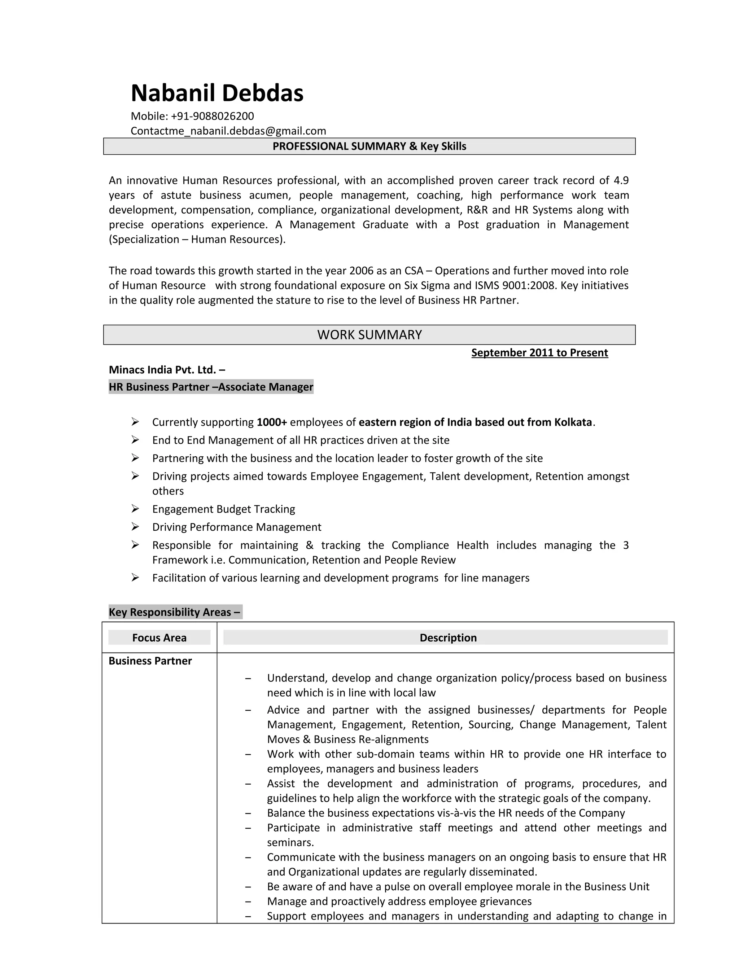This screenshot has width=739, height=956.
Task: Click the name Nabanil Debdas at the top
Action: tap(217, 93)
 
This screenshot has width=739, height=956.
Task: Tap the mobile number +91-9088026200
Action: tap(212, 116)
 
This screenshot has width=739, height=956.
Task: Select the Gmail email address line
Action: tap(228, 131)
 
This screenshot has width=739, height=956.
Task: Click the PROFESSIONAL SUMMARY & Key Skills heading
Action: tap(369, 146)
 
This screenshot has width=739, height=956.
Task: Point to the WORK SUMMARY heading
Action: tap(369, 335)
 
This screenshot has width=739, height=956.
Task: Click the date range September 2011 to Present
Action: tap(539, 353)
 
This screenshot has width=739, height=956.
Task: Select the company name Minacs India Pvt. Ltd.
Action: tap(166, 370)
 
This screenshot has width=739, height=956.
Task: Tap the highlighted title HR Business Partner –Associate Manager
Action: tap(211, 387)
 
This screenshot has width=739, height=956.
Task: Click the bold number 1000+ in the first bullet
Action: tap(271, 422)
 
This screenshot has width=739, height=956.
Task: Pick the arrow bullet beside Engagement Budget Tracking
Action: tap(135, 509)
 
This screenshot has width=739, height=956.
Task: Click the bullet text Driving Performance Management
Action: tap(236, 527)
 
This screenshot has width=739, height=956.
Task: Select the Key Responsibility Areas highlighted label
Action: tap(175, 612)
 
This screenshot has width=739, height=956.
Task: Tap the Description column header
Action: tap(448, 638)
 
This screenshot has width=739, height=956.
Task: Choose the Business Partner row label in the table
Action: tap(150, 661)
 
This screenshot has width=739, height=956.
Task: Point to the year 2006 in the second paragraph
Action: tap(361, 271)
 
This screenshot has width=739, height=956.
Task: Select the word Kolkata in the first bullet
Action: tap(573, 422)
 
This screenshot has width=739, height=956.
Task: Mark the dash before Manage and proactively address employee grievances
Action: tap(248, 901)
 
